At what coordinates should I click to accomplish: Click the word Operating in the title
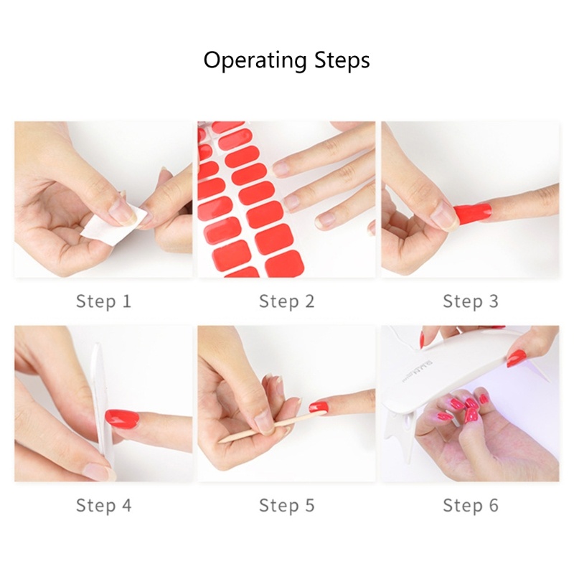(x=255, y=60)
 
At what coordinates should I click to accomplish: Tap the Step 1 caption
(x=103, y=301)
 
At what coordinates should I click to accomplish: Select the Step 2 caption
(x=287, y=301)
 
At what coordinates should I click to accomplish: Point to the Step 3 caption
(x=471, y=301)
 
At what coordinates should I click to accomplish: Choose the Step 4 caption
(x=103, y=505)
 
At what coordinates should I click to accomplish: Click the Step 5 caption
(x=287, y=505)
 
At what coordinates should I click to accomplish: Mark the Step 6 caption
(x=471, y=505)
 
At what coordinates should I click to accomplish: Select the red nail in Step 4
(x=122, y=417)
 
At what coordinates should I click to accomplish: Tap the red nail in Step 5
(x=318, y=406)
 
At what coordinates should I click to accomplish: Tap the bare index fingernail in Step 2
(x=281, y=169)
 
